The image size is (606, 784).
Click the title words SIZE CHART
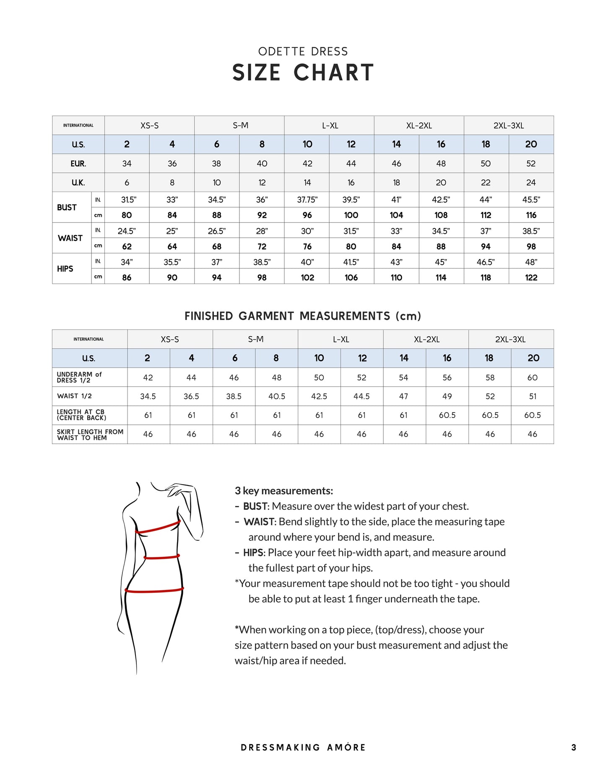point(303,73)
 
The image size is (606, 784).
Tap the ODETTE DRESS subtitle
point(303,52)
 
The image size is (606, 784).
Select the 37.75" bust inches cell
point(307,200)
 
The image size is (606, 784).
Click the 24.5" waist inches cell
point(127,231)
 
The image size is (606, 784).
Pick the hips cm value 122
point(531,277)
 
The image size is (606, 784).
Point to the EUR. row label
point(78,164)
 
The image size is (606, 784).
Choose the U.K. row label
point(78,182)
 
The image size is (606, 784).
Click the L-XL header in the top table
point(330,125)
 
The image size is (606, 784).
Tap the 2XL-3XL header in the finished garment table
point(510,339)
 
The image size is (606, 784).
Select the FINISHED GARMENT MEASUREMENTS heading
point(302,316)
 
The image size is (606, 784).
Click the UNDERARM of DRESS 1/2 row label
point(79,377)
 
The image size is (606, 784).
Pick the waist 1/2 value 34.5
point(148,396)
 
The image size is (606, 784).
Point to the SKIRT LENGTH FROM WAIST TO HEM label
point(90,434)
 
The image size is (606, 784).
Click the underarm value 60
point(532,377)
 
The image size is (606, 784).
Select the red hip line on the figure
point(154,590)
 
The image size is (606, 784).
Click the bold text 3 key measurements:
point(284,491)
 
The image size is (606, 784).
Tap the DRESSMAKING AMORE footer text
point(303,747)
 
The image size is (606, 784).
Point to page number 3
point(573,747)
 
